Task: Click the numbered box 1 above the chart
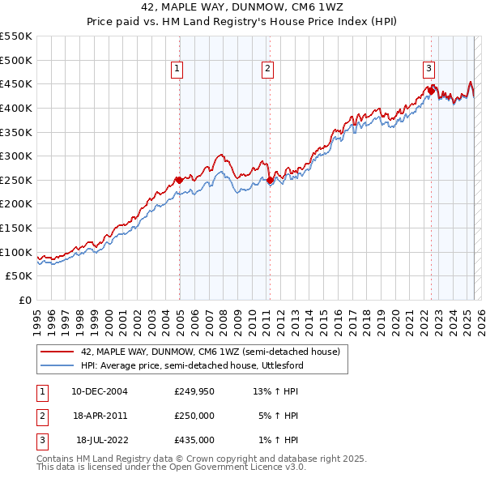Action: pos(177,70)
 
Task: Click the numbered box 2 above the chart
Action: pos(267,70)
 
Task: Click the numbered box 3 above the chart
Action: pos(428,70)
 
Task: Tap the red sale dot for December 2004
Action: pos(178,180)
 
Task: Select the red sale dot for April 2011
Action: pos(270,180)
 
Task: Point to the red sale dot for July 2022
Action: pos(431,91)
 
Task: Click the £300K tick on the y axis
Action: pos(15,156)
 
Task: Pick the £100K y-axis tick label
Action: pos(15,252)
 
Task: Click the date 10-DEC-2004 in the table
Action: pos(100,391)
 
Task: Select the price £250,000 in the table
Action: pos(194,416)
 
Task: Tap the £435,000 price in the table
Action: pos(194,440)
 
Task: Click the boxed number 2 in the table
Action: pos(41,416)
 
